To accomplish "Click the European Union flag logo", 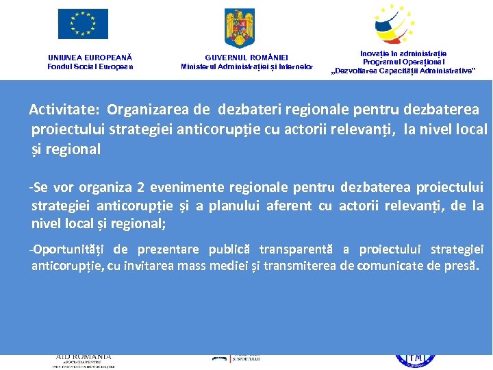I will (x=83, y=24).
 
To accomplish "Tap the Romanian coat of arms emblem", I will (x=239, y=27).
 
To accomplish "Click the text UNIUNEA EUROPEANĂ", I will (x=90, y=58).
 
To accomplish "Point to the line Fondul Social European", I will (x=90, y=66).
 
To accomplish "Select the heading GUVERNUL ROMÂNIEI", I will (x=246, y=58).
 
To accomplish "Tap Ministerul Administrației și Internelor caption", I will (x=246, y=66).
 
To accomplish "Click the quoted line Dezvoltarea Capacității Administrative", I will (x=403, y=71).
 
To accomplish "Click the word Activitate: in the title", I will (x=65, y=110).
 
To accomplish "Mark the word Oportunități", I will (x=70, y=249).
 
